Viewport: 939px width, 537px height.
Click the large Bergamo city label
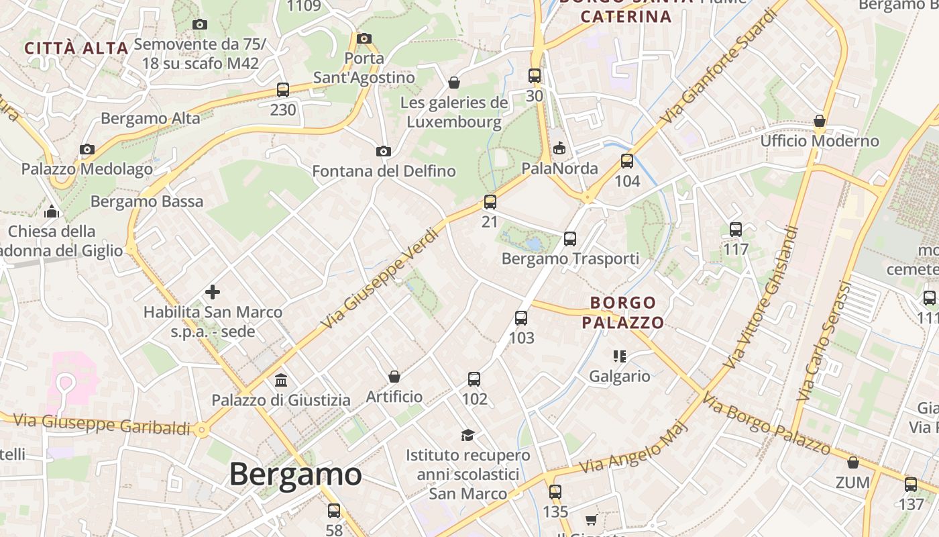point(295,475)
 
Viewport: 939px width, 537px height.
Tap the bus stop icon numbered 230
point(282,89)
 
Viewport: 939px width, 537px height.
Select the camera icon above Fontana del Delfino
point(383,151)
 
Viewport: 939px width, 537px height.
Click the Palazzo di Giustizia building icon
point(281,381)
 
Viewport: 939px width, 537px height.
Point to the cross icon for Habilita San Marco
point(212,292)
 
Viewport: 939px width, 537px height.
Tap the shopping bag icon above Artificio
point(394,377)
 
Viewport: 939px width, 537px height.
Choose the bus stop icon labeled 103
point(521,318)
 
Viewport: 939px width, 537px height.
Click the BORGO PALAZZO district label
point(622,313)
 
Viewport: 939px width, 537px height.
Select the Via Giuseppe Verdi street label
point(380,279)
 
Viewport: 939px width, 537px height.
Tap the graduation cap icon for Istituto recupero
point(467,435)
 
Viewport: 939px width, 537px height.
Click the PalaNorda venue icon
point(559,148)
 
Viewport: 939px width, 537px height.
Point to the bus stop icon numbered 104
point(627,161)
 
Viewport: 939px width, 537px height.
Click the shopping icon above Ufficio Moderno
point(819,121)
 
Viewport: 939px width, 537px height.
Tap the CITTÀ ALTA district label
point(76,48)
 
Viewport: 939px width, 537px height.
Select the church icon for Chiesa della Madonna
point(52,212)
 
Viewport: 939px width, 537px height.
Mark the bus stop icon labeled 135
point(555,492)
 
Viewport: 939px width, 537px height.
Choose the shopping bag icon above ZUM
point(852,462)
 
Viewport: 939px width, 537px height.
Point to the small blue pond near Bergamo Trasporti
point(533,242)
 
